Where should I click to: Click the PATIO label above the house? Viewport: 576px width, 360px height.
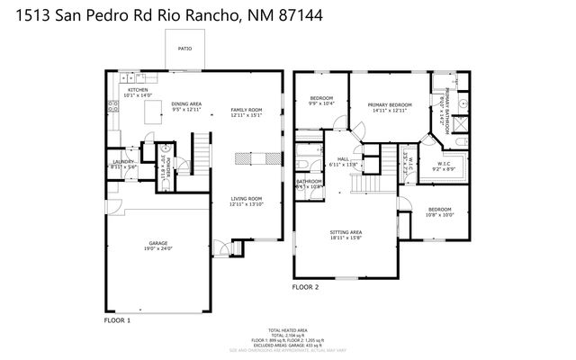[x=184, y=49]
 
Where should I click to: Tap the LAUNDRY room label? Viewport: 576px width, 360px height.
[x=122, y=164]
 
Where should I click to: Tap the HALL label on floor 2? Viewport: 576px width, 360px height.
[x=344, y=158]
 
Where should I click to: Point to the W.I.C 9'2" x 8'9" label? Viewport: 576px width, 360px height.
[x=445, y=166]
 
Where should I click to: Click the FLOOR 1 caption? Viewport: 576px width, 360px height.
[x=118, y=319]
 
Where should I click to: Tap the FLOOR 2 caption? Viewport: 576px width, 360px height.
[x=306, y=288]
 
